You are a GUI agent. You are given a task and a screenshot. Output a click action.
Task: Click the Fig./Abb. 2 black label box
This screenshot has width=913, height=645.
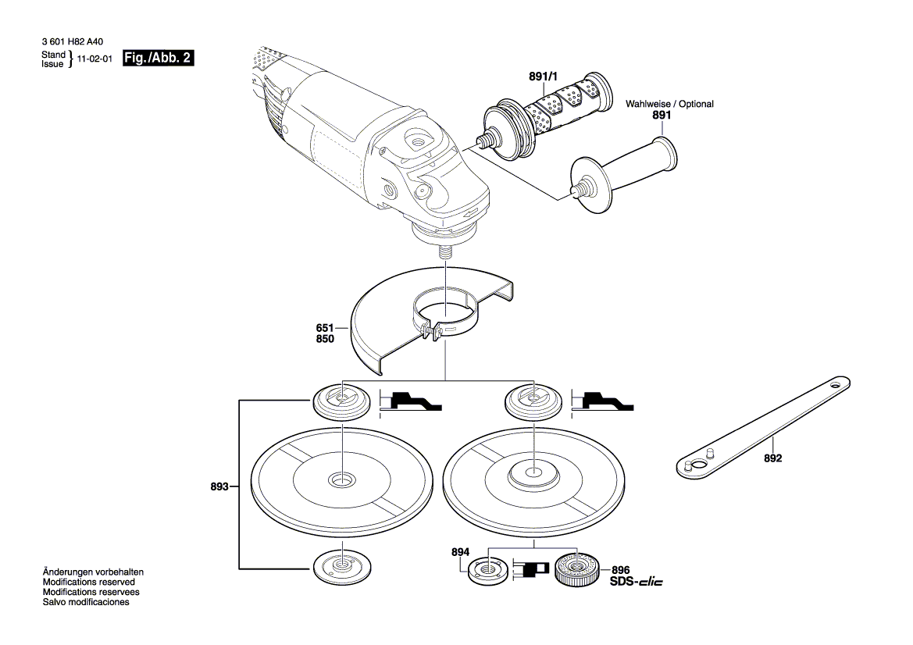[159, 59]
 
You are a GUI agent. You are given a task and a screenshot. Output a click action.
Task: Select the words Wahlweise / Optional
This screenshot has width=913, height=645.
[669, 104]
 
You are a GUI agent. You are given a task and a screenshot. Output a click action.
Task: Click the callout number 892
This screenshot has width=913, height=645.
[772, 459]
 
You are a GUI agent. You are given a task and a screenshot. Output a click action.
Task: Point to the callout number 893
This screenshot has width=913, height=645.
[219, 486]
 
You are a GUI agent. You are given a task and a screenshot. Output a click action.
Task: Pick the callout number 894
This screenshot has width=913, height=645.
[461, 552]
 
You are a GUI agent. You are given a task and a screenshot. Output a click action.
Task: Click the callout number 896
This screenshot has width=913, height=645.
[621, 571]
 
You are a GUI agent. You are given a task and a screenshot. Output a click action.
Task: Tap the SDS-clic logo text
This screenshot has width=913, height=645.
[636, 583]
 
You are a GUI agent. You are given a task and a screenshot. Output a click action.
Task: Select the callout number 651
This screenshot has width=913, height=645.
[325, 328]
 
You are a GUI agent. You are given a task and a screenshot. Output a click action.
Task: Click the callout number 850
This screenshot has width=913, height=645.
[325, 339]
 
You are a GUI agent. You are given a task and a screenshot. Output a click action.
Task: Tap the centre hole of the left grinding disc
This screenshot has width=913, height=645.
[341, 479]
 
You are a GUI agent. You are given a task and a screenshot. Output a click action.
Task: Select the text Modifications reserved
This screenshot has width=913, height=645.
[88, 583]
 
